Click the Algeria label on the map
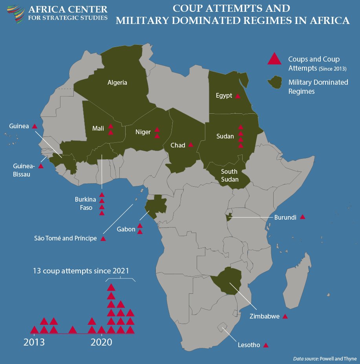[117, 82]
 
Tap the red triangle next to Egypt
[238, 96]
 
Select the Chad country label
[178, 146]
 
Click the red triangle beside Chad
[191, 145]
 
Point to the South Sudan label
[229, 175]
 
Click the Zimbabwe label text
[265, 316]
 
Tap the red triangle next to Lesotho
[266, 346]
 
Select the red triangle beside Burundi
[302, 217]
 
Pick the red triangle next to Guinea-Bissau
[41, 166]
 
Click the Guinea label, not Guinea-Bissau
[19, 126]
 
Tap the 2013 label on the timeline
[34, 342]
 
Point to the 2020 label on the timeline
[102, 342]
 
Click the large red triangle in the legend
[274, 59]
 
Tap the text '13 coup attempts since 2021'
[81, 271]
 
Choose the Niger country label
[143, 132]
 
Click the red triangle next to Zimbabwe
[285, 317]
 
